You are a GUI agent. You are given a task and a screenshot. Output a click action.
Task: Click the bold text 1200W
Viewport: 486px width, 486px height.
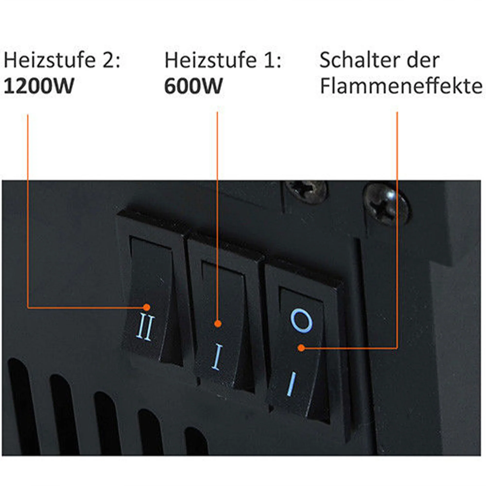pyautogui.click(x=39, y=86)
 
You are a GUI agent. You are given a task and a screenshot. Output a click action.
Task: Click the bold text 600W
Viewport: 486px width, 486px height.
pyautogui.click(x=193, y=86)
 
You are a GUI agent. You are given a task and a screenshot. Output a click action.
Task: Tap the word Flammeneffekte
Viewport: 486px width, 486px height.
pyautogui.click(x=401, y=86)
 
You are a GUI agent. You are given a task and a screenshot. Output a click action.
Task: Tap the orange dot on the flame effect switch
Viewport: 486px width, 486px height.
pyautogui.click(x=301, y=348)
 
